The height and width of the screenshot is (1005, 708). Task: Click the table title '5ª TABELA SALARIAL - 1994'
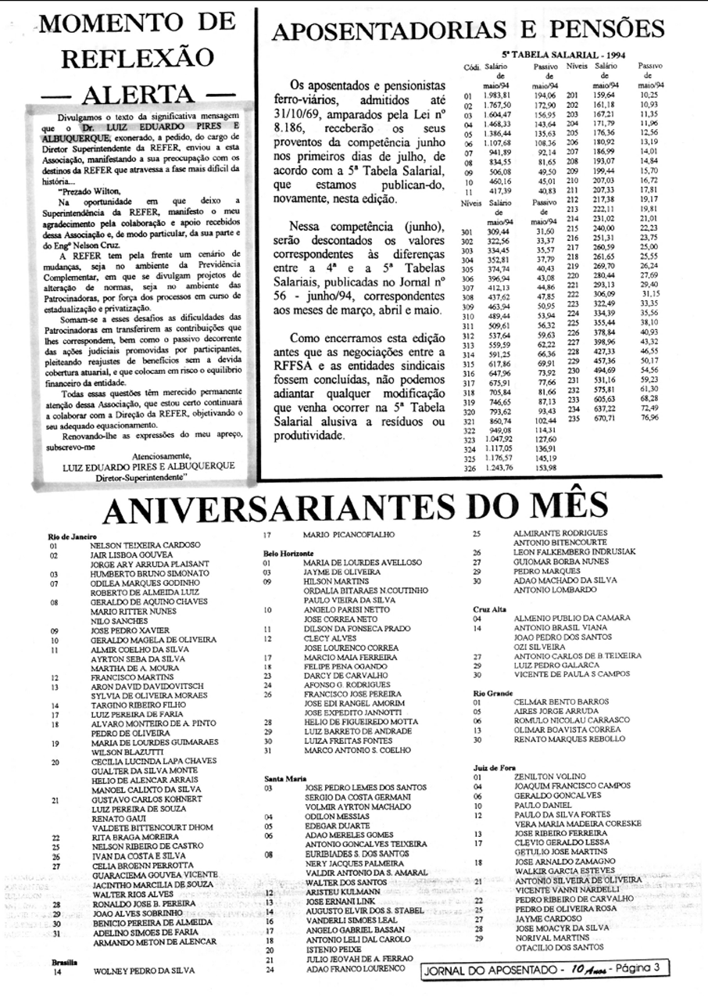point(554,56)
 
